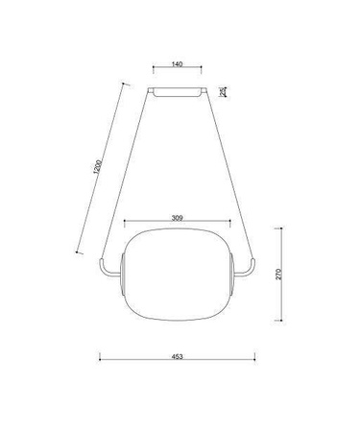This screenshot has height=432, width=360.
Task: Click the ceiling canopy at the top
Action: (x=178, y=91)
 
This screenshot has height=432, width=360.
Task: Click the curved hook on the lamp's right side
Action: (x=250, y=270)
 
